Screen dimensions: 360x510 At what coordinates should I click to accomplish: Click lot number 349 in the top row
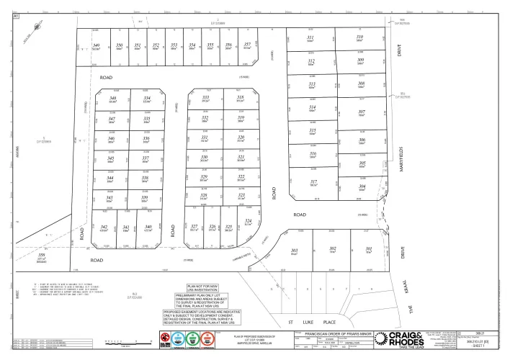96,45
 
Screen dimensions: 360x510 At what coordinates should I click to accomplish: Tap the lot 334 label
146,98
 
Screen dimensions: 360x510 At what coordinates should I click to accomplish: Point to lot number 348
112,98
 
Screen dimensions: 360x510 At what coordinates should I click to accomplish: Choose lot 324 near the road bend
248,221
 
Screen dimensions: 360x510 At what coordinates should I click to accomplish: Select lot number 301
368,248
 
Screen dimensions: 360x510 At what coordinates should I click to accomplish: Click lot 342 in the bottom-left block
105,228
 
